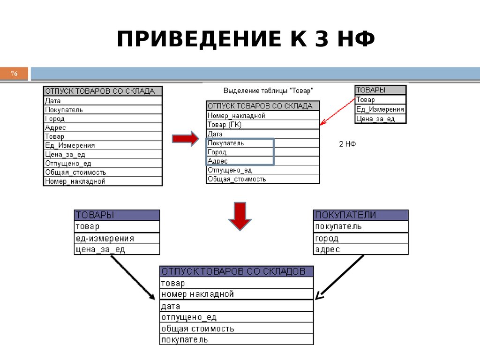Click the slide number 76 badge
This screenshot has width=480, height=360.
pos(14,74)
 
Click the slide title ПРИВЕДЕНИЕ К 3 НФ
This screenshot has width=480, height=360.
pos(246,39)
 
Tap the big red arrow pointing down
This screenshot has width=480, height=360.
pos(240,216)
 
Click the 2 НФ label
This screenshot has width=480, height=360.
pos(347,144)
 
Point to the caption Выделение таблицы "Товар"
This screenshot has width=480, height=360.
pos(268,91)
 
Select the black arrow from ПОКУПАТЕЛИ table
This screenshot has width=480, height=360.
pos(340,277)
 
